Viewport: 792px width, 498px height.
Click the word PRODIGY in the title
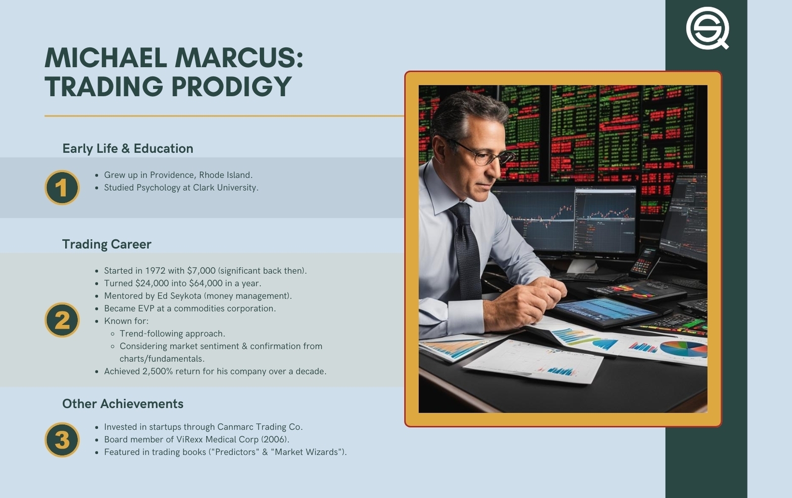[x=232, y=86]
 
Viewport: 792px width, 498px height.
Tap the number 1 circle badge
[x=62, y=188]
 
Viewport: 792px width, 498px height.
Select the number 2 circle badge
[x=62, y=320]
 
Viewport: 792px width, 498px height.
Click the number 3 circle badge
[x=62, y=440]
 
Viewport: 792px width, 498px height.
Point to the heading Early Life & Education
[x=128, y=149]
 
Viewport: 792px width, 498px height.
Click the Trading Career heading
[x=107, y=244]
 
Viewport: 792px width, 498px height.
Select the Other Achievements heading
[x=123, y=404]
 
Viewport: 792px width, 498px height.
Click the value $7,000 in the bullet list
[x=201, y=271]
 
